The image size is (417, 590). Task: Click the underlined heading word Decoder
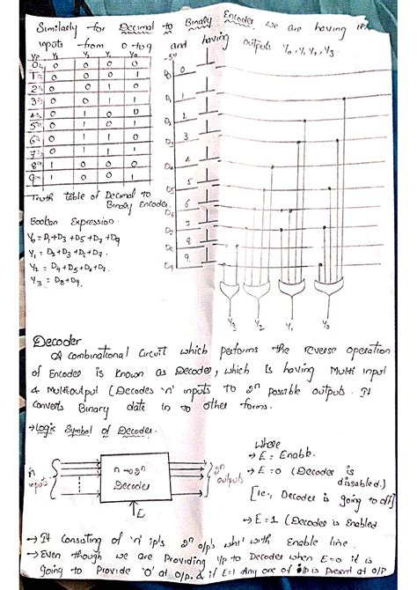(x=55, y=342)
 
